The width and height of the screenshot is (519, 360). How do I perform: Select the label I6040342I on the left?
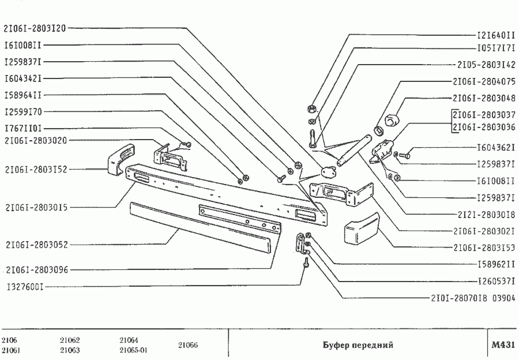click(22, 78)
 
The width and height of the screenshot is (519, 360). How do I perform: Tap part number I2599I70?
click(22, 111)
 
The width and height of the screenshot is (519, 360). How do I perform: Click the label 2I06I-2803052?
click(36, 245)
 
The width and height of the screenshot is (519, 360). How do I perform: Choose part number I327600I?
click(24, 286)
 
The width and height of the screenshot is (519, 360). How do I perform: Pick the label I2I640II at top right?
click(496, 34)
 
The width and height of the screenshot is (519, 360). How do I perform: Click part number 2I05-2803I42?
click(484, 65)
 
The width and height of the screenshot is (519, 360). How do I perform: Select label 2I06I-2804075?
click(484, 82)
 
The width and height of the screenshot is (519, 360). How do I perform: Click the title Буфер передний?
click(358, 345)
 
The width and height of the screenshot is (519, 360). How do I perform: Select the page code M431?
click(502, 345)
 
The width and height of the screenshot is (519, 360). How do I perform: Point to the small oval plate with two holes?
click(328, 171)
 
